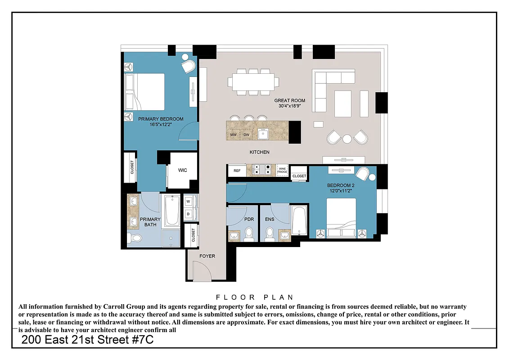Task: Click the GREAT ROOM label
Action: [x=289, y=100]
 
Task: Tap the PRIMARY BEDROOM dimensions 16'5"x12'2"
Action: [x=161, y=125]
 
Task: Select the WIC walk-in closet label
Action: [x=182, y=170]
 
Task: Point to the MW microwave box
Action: [x=234, y=135]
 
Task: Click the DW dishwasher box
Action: [x=246, y=135]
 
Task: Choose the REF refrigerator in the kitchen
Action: [x=237, y=171]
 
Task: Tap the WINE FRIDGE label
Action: [x=282, y=170]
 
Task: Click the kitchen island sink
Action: [x=263, y=134]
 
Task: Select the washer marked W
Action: [x=188, y=202]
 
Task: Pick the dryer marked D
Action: [x=188, y=214]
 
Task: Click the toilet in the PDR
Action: [x=249, y=234]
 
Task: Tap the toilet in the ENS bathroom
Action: [x=270, y=234]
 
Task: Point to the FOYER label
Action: [x=207, y=256]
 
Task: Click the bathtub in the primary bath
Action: [x=171, y=211]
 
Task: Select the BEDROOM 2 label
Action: [x=341, y=185]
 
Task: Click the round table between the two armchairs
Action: [x=347, y=139]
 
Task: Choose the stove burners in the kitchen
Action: [x=263, y=170]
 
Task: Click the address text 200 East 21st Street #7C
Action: [x=88, y=340]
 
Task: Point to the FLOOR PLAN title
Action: [x=255, y=297]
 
